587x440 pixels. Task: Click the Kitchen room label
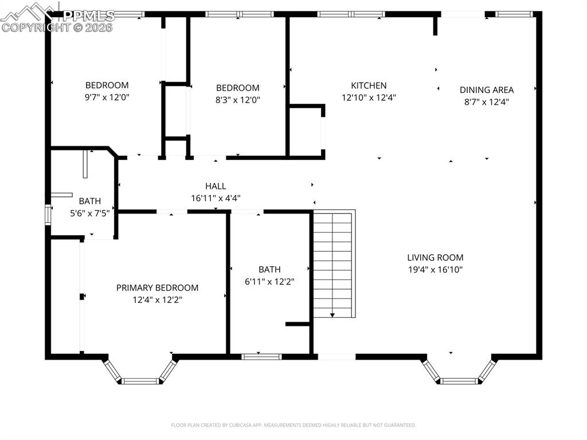click(369, 85)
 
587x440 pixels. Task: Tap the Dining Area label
click(486, 89)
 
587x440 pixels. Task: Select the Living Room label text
click(435, 258)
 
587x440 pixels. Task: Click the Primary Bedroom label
click(157, 287)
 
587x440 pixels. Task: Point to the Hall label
click(216, 186)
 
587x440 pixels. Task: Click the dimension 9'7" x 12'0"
click(107, 98)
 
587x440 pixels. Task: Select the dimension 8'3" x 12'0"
click(237, 99)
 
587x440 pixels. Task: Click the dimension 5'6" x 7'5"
click(89, 212)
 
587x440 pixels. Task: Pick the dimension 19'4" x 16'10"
click(435, 270)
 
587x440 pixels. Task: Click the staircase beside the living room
click(333, 264)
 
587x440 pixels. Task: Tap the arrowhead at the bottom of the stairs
click(332, 315)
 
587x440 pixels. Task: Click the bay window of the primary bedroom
click(140, 380)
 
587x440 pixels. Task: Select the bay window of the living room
click(459, 380)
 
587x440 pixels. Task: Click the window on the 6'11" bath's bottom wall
click(261, 356)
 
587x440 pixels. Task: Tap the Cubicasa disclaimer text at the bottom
click(293, 425)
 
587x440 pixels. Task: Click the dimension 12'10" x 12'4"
click(369, 98)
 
